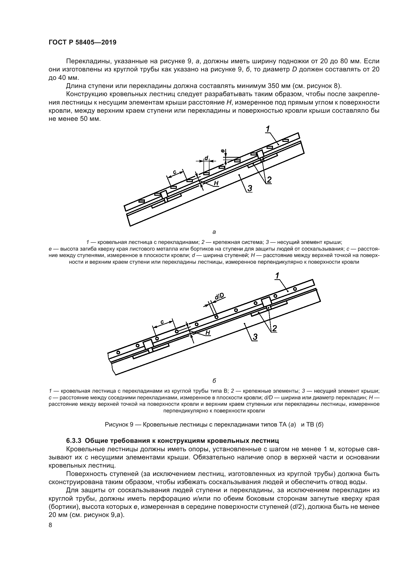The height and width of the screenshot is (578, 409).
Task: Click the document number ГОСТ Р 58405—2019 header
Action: (82, 43)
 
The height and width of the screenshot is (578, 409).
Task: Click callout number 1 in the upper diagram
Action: (268, 129)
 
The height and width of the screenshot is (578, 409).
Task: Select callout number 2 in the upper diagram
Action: (269, 180)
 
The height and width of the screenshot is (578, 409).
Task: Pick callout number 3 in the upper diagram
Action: (250, 188)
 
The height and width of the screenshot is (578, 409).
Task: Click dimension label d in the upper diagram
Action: (206, 158)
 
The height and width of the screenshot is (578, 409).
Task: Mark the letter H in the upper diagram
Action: (216, 183)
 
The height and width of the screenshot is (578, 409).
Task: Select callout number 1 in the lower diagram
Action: (277, 276)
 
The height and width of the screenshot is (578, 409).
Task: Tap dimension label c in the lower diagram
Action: (162, 322)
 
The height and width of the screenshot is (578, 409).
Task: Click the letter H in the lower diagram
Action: (208, 333)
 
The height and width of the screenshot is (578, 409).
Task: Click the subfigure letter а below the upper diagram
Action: (214, 232)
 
